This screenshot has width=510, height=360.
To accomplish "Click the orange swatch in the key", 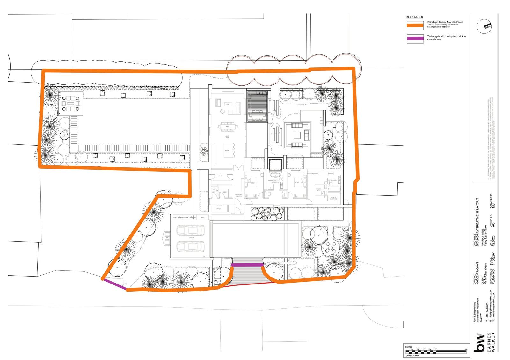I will click(x=415, y=25).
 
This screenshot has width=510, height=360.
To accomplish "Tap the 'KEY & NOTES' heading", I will click(x=414, y=17).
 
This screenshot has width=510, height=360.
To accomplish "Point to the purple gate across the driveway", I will click(x=247, y=265).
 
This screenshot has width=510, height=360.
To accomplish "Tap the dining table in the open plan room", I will click(x=228, y=126).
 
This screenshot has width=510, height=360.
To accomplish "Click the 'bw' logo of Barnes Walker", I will click(x=479, y=343).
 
